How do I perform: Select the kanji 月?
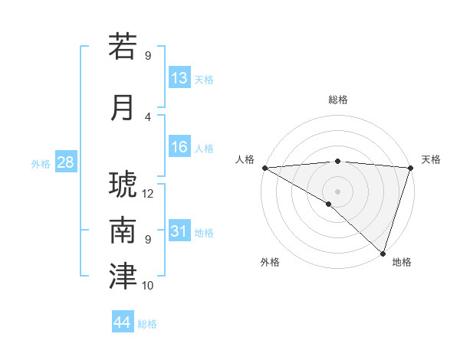[x=123, y=107]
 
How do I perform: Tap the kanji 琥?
[x=123, y=185]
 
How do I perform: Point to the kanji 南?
[x=123, y=231]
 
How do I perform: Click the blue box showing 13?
[x=179, y=78]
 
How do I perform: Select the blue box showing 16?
[x=179, y=147]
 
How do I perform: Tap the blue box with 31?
[x=179, y=231]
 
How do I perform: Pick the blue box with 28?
[x=65, y=162]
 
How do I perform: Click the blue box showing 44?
[x=122, y=322]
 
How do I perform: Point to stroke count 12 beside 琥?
[x=148, y=193]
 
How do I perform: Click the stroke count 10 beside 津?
[x=148, y=286]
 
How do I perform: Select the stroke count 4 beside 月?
[x=148, y=116]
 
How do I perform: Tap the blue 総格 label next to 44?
[x=147, y=324]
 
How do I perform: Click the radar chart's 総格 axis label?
[x=337, y=100]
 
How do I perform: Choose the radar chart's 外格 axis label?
[x=270, y=262]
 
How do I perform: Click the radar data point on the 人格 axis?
[x=264, y=168]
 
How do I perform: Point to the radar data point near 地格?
[x=383, y=252]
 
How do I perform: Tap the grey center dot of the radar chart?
[x=337, y=191]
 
